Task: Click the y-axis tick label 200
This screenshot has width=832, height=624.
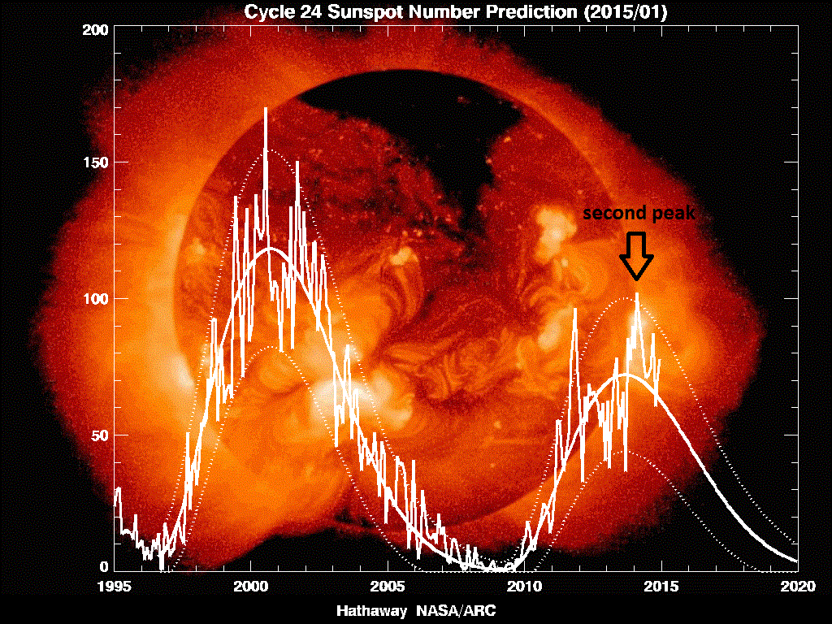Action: click(x=94, y=30)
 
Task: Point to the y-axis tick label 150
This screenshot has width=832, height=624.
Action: click(x=94, y=162)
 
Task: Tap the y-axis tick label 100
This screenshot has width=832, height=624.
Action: click(x=94, y=299)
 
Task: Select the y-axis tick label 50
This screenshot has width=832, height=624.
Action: click(x=98, y=435)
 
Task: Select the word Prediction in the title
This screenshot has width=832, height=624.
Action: click(x=517, y=13)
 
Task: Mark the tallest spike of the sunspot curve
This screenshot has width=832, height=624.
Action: click(x=265, y=109)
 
